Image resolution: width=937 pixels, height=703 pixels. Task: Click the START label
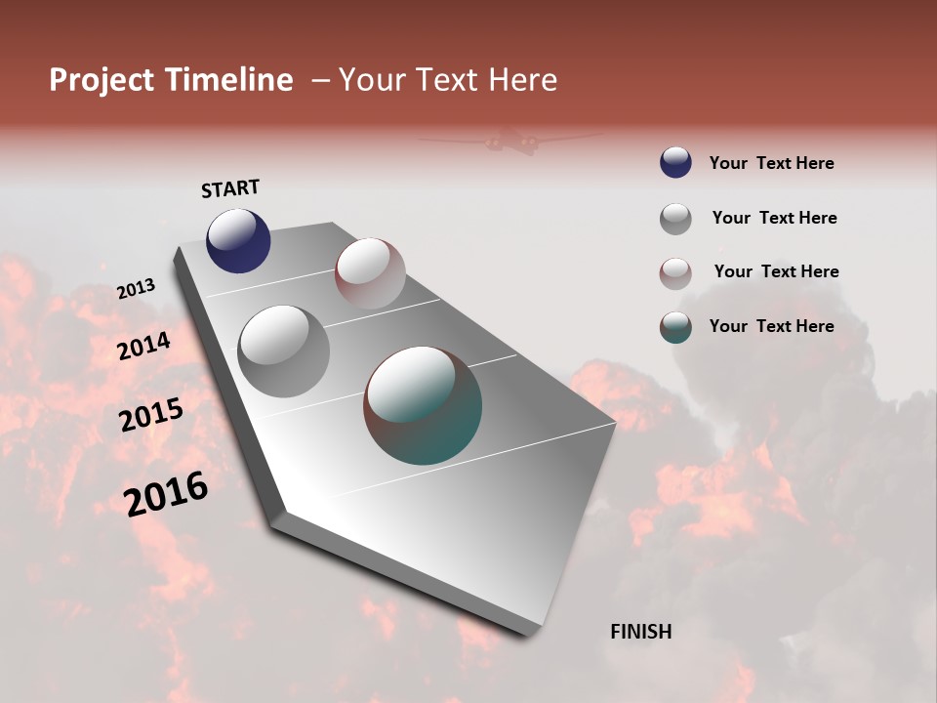click(x=230, y=188)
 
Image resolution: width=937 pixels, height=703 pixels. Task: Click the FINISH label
click(x=640, y=632)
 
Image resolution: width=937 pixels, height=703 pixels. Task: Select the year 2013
click(x=136, y=289)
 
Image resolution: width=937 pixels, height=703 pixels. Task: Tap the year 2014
click(x=143, y=347)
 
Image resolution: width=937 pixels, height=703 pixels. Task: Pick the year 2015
click(x=151, y=415)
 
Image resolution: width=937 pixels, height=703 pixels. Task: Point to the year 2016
click(x=166, y=494)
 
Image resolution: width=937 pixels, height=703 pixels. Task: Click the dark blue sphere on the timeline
click(x=238, y=240)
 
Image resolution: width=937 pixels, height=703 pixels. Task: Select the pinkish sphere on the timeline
click(x=370, y=273)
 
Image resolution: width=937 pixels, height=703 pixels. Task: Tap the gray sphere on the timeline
click(x=284, y=351)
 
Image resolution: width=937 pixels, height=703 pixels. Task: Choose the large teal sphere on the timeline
click(x=423, y=405)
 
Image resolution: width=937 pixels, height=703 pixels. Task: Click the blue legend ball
click(x=675, y=163)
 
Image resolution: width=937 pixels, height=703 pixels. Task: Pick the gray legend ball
click(x=675, y=219)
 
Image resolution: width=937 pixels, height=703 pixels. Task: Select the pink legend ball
click(x=675, y=272)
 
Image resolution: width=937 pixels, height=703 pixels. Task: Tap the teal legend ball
click(x=675, y=327)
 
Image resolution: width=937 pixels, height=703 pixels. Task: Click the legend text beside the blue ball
click(x=771, y=163)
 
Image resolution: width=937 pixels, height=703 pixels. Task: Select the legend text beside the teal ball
click(x=771, y=326)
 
